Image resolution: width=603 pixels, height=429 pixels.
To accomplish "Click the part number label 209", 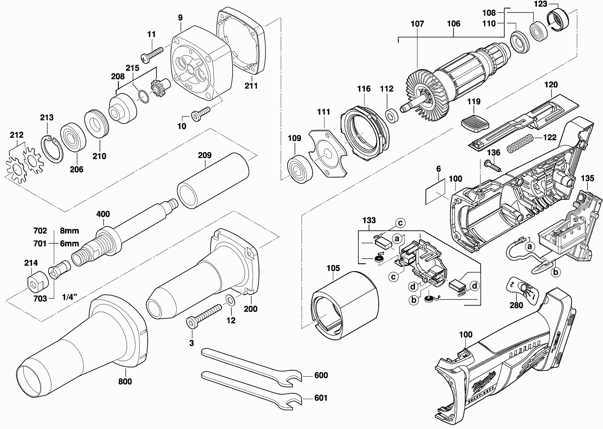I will (205, 155).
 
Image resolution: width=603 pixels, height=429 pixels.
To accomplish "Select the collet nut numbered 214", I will (38, 282).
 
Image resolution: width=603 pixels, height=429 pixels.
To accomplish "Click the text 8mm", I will (69, 231).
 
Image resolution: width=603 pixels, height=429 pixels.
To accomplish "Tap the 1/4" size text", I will (69, 297).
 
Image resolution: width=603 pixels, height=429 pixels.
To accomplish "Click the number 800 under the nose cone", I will (125, 381).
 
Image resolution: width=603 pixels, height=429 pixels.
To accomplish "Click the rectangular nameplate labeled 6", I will (435, 192).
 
